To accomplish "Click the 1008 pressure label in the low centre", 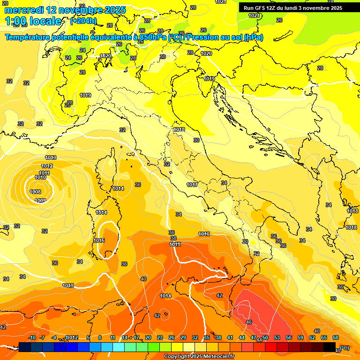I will (x=35, y=192).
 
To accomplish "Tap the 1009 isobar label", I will (x=40, y=201).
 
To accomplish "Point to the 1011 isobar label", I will (x=44, y=173).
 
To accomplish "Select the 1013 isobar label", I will (x=51, y=157).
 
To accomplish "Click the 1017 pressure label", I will (x=192, y=185).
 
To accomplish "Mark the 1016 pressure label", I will (x=204, y=234).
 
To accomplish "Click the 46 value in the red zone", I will (x=249, y=322).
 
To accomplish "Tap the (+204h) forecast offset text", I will (x=83, y=21).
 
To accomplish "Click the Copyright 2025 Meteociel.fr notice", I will (x=199, y=356).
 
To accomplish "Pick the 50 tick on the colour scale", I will (x=265, y=337).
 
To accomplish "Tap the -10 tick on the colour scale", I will (x=32, y=337).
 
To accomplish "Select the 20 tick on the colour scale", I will (x=148, y=337).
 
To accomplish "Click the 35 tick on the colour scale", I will (x=207, y=337).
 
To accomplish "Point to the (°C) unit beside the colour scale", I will (x=345, y=348).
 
